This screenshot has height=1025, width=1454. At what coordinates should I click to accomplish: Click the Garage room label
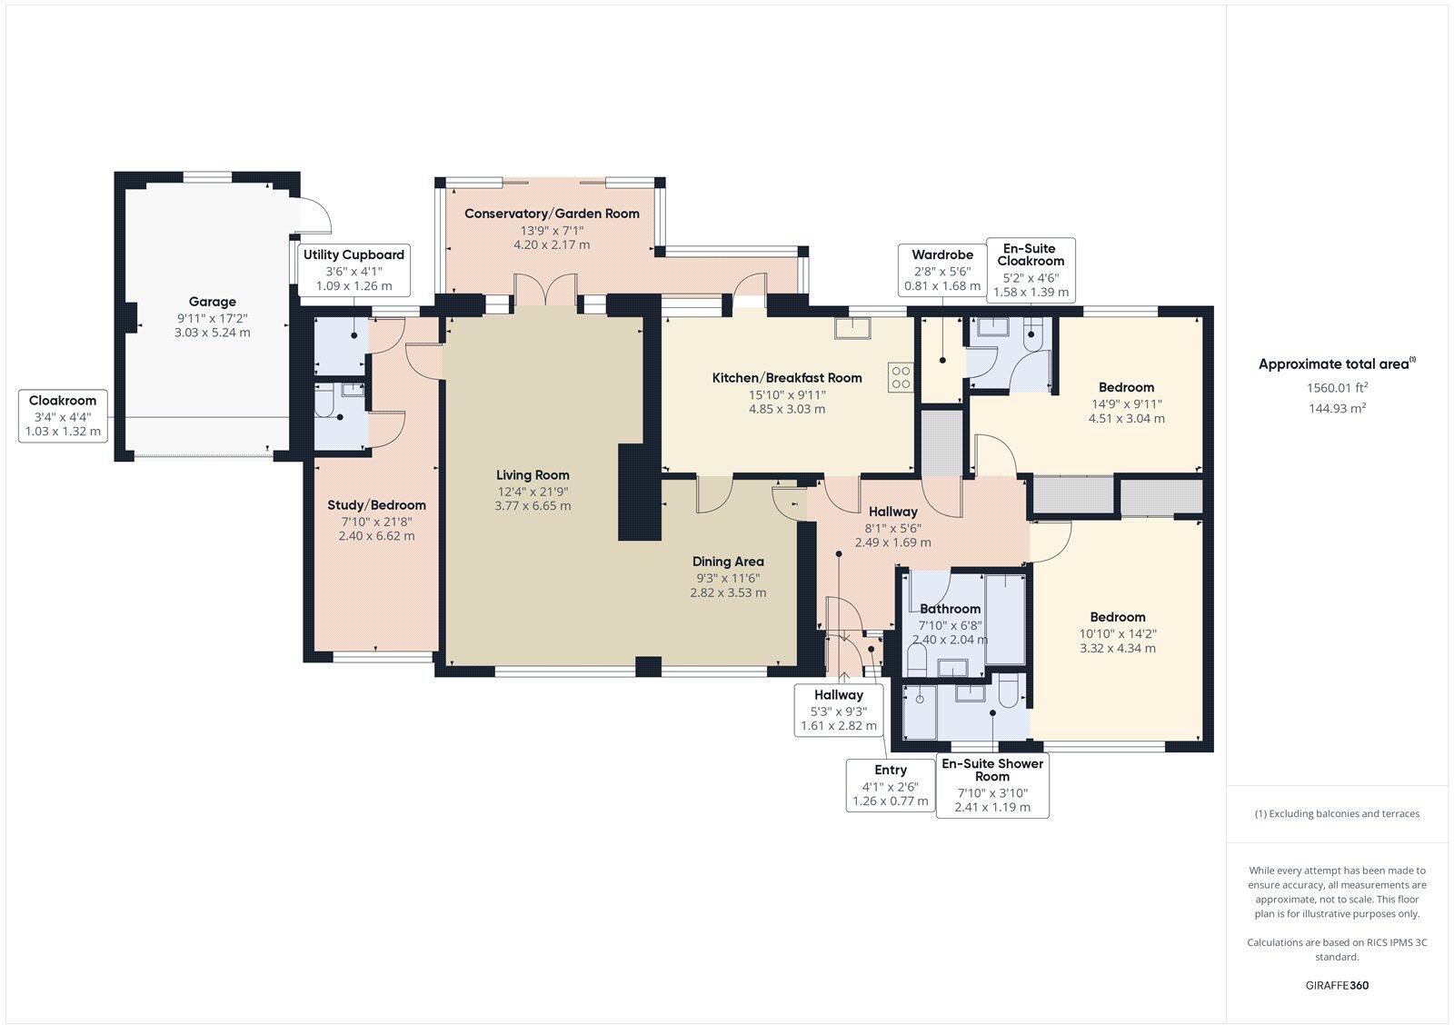point(212,302)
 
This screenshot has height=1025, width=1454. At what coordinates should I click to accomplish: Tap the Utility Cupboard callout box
point(354,269)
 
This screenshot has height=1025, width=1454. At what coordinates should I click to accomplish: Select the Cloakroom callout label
point(63,416)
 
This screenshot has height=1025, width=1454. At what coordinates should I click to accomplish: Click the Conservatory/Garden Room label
point(552,214)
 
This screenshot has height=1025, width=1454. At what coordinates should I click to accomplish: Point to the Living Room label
point(533,474)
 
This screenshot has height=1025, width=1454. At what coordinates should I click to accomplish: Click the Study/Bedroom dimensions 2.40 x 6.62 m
point(376,535)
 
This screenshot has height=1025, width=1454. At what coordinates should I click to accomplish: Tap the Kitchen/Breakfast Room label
point(786,378)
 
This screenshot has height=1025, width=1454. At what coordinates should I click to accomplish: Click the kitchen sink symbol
point(855,327)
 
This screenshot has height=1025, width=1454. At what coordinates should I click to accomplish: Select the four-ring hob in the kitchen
point(901,377)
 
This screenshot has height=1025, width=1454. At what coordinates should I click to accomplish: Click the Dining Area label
point(728,562)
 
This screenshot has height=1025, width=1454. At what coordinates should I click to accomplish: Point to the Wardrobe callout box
point(942,269)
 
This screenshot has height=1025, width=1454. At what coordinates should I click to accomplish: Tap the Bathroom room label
point(950,609)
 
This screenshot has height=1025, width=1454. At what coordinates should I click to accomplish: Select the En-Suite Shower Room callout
point(992,785)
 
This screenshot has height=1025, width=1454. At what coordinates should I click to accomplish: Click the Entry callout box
point(891,785)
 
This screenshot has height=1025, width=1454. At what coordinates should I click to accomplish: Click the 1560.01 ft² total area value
point(1337,387)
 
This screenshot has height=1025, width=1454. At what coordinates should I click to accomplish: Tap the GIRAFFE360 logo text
point(1337,985)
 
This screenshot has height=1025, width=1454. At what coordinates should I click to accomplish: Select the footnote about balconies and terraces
point(1337,813)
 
